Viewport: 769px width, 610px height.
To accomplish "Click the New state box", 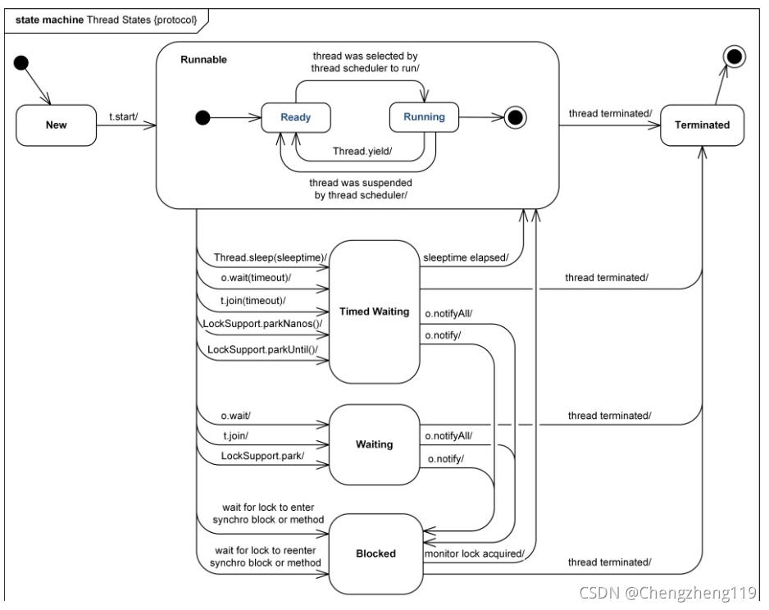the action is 57,125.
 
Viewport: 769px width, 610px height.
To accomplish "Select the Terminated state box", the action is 702,125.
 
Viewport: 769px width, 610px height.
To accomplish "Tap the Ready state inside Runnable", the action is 296,117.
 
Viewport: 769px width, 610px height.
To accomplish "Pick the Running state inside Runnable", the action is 424,116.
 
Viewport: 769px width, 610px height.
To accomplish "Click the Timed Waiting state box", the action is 374,312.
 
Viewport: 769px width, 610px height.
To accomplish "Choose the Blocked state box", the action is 375,553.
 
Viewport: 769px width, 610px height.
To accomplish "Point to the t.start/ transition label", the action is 124,116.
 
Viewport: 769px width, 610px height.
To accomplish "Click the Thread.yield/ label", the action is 362,151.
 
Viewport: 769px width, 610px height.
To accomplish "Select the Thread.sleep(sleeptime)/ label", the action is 271,257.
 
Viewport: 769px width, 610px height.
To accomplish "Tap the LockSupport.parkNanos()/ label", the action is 263,324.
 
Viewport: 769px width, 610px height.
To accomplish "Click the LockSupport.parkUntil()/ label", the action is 263,349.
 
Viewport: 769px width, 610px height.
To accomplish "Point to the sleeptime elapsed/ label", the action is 466,257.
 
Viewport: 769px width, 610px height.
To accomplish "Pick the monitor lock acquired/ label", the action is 475,553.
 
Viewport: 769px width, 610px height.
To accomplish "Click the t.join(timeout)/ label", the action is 253,301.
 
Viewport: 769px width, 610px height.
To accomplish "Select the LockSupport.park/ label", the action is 262,456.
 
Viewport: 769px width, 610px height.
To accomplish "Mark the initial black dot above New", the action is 21,63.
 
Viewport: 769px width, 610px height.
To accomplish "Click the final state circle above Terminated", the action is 735,57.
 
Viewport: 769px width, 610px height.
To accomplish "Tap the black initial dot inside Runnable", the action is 202,118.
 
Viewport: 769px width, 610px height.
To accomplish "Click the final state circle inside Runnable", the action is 516,118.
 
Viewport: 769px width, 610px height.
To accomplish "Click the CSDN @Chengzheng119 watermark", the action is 668,593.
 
